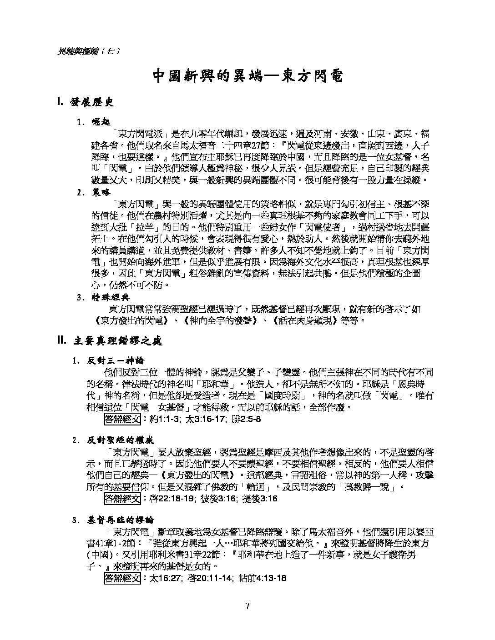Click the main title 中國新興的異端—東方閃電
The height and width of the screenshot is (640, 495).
click(x=247, y=76)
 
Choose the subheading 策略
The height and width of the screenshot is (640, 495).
click(x=98, y=192)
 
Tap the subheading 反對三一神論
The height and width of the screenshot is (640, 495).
click(x=116, y=361)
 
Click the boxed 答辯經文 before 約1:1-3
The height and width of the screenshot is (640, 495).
click(x=122, y=419)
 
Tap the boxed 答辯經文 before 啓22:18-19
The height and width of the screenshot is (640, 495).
click(x=122, y=499)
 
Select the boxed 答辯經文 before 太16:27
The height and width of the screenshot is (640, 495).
click(x=122, y=578)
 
